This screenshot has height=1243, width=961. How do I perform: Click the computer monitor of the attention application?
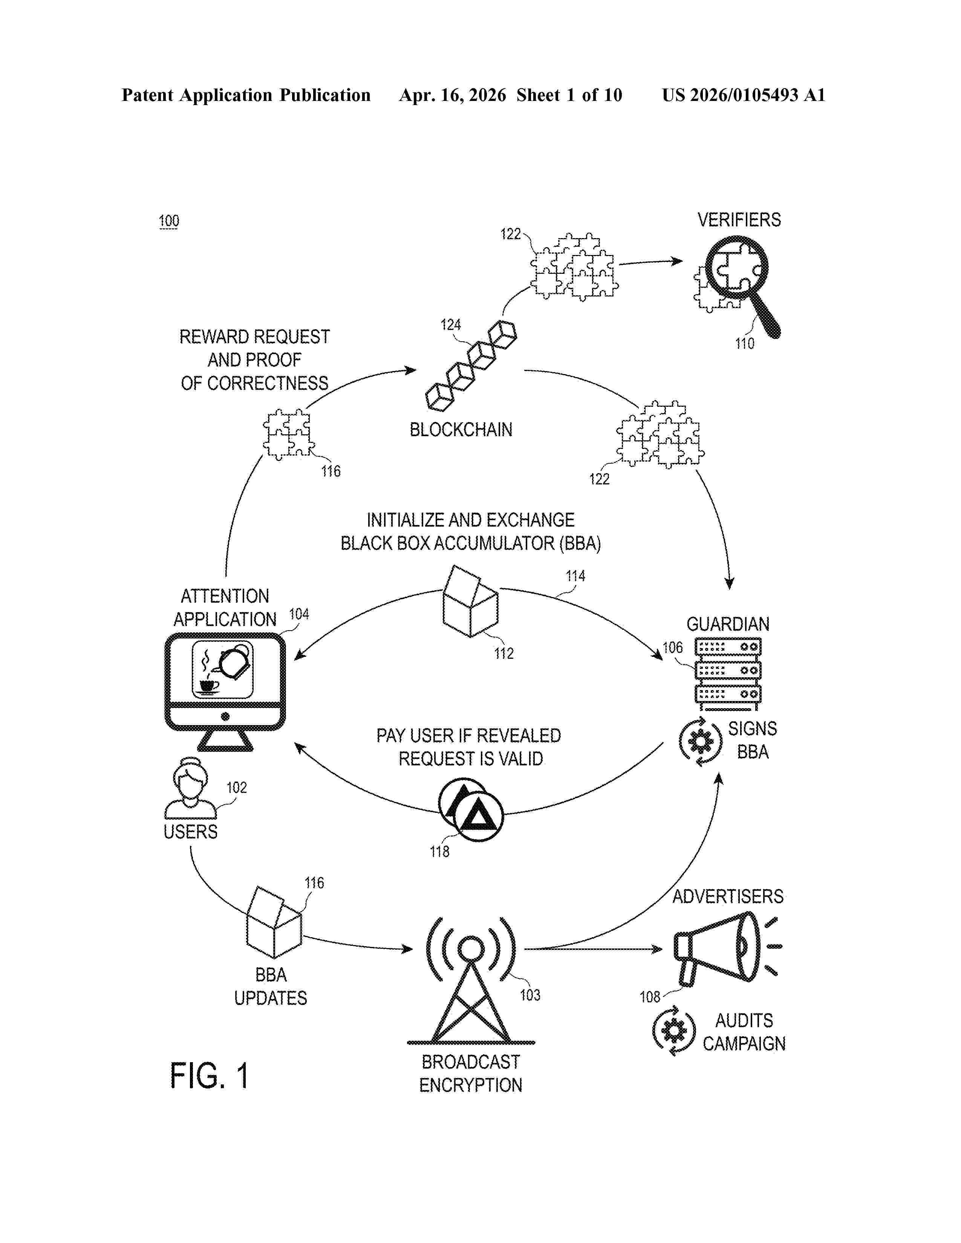point(225,692)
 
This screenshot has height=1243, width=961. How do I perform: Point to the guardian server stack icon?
point(728,674)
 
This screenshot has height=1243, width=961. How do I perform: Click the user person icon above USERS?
point(190,788)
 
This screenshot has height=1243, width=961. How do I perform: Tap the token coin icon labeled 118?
point(471,810)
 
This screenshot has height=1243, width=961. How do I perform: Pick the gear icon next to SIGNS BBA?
point(700,742)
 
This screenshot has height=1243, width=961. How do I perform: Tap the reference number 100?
point(168,221)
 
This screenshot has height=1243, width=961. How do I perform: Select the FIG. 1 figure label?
point(209,1076)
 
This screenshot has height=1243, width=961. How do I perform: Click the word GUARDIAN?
point(728,624)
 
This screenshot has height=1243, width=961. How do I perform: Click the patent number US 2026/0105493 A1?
point(744,95)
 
